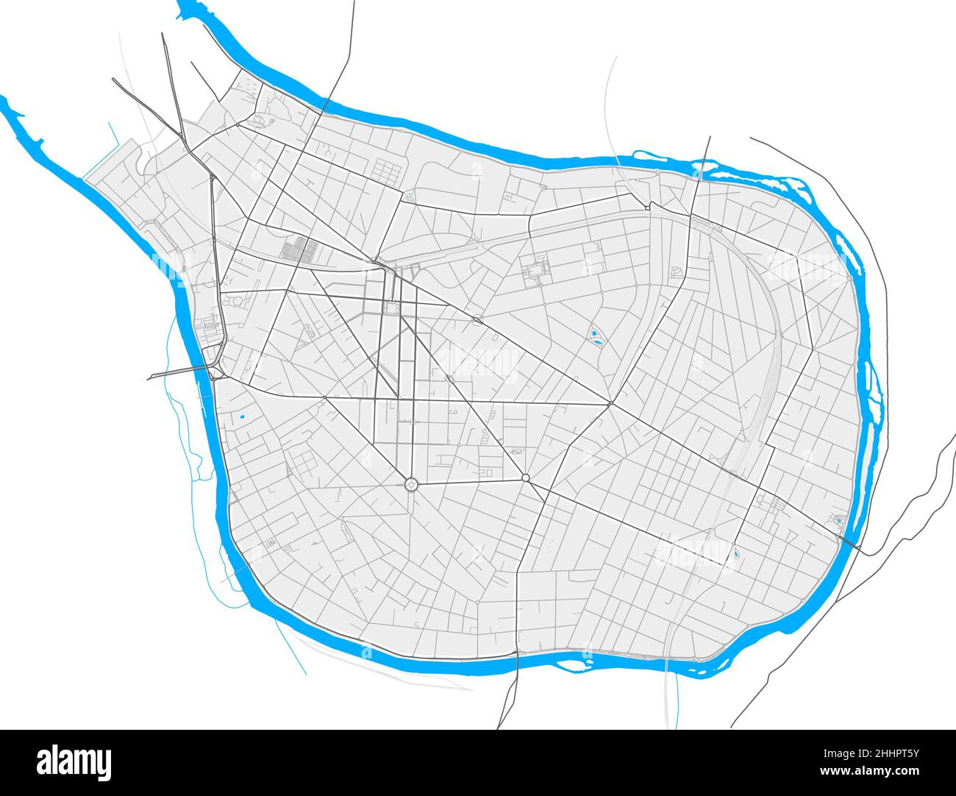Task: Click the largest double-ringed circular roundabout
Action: (x=411, y=483)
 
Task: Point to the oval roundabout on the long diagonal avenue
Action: (x=477, y=319)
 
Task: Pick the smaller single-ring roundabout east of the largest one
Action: (x=525, y=478)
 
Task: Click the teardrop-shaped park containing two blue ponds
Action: (x=596, y=339)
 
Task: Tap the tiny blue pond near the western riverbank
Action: (x=241, y=418)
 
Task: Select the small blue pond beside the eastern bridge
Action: (x=839, y=522)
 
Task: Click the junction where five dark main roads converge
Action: (x=610, y=403)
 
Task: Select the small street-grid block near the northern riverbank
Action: (x=385, y=171)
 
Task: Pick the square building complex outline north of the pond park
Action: (x=535, y=271)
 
